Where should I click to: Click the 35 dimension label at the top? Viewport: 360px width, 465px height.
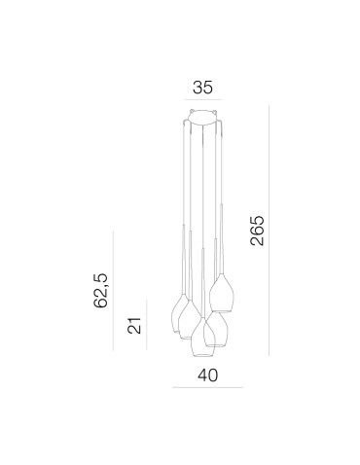point(202,86)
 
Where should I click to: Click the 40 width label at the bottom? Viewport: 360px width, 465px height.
point(205,375)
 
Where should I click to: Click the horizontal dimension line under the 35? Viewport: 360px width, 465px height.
point(202,100)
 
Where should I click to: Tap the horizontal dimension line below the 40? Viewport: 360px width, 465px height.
point(205,387)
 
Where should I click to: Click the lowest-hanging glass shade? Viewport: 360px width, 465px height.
point(205,334)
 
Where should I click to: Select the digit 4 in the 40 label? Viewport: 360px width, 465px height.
point(198,375)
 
